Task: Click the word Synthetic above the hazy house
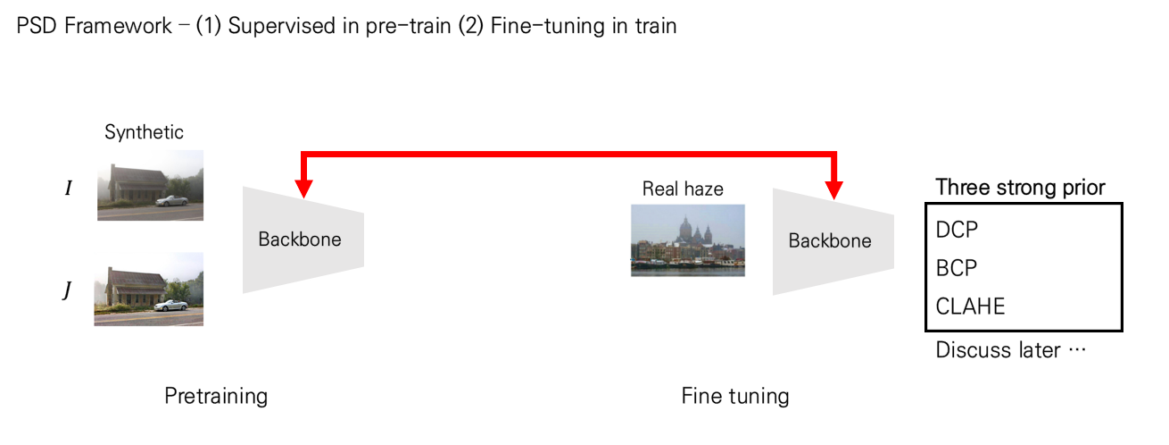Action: click(x=144, y=133)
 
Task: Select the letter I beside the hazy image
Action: click(x=69, y=189)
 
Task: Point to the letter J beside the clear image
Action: click(x=66, y=291)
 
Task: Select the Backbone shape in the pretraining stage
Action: click(x=302, y=239)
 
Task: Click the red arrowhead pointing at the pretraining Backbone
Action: click(x=303, y=189)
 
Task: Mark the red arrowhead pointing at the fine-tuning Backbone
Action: click(x=834, y=189)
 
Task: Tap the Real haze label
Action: click(x=683, y=189)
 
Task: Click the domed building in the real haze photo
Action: click(x=689, y=230)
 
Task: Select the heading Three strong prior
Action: click(x=1020, y=188)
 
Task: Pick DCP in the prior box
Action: click(x=957, y=230)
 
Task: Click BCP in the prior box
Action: click(x=957, y=268)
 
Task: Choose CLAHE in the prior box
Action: click(x=970, y=306)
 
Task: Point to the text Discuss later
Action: click(x=998, y=350)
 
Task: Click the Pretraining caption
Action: click(x=216, y=396)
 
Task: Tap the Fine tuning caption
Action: click(x=734, y=396)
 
